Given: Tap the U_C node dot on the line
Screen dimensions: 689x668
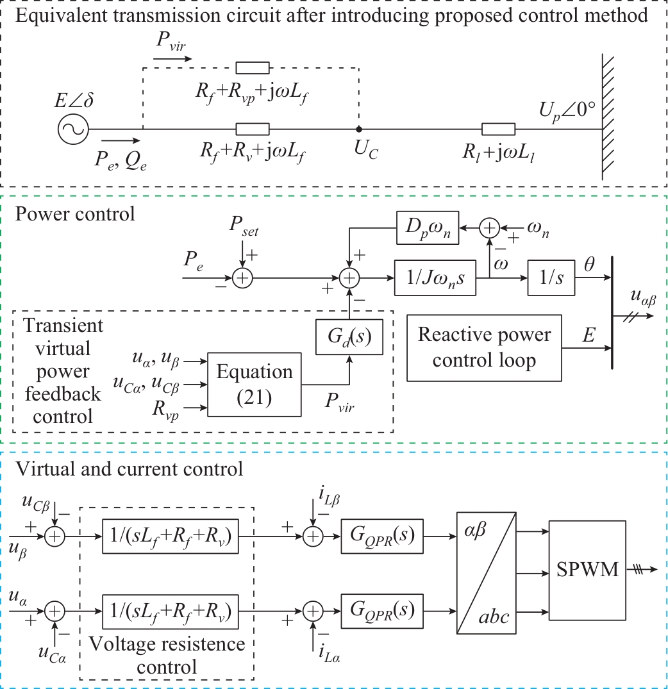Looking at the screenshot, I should click(358, 129).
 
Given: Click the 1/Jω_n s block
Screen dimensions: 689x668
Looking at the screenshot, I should click(435, 278).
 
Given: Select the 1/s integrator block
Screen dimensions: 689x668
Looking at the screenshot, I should click(551, 278).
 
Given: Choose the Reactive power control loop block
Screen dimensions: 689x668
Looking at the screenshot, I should click(484, 347).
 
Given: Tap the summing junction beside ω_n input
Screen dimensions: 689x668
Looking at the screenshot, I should click(489, 228).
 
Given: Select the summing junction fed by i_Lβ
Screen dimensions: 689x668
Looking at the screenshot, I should click(312, 536).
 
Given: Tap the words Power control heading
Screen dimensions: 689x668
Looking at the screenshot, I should click(75, 213).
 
